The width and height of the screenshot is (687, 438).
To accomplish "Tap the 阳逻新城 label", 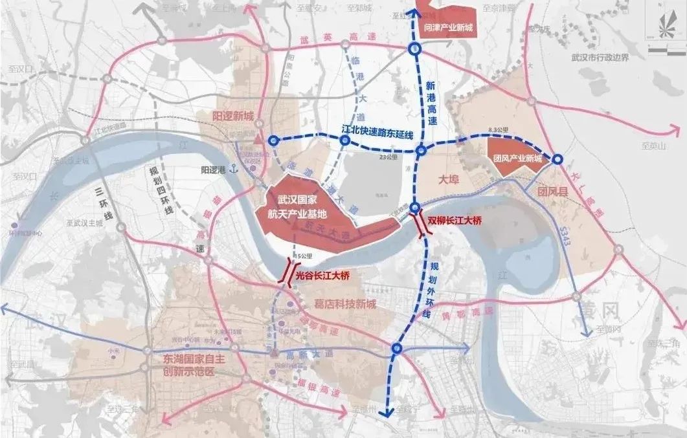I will coord(233,116).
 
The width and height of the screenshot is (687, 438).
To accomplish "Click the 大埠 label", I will coord(448,179).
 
